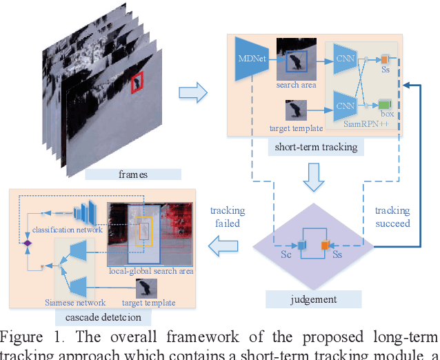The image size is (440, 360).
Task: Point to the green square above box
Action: coord(384,104)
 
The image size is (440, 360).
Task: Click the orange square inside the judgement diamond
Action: coord(324,244)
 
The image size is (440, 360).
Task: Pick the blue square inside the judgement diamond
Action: coord(301,244)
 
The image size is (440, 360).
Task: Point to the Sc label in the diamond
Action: coord(286,255)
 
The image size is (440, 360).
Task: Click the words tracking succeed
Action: coord(392,217)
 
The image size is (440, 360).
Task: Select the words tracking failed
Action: coord(227,217)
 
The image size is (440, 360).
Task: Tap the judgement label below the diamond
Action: coord(314,299)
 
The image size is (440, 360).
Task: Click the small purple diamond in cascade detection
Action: coord(28,243)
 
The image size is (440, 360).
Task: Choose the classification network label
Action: coord(66,230)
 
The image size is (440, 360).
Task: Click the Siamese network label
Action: coord(75,302)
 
